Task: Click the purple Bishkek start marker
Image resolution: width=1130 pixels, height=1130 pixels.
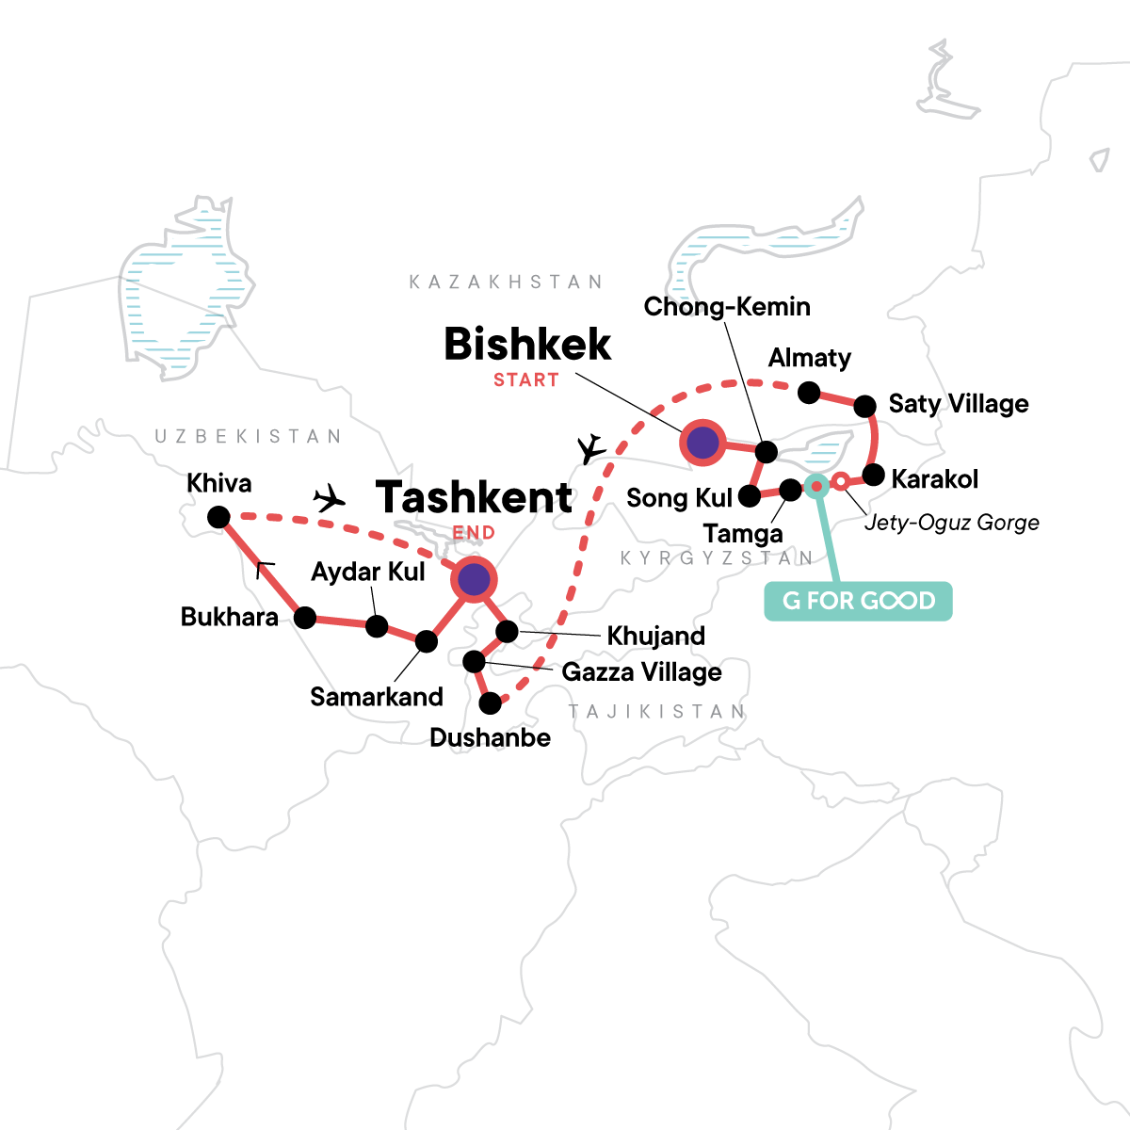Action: click(702, 442)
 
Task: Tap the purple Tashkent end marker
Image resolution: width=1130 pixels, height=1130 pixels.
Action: click(473, 580)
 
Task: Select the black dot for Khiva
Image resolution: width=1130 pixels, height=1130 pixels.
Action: click(218, 517)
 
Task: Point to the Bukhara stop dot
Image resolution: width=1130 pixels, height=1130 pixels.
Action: click(305, 618)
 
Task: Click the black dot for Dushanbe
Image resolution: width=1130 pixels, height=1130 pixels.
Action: click(491, 702)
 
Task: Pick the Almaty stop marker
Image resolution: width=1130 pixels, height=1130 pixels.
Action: click(809, 392)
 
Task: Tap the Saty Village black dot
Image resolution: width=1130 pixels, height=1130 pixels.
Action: click(864, 407)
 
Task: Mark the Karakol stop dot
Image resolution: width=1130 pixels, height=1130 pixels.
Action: click(873, 474)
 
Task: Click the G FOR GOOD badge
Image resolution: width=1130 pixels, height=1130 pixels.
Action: click(858, 601)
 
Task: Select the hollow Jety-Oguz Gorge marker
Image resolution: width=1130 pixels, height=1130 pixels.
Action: click(840, 482)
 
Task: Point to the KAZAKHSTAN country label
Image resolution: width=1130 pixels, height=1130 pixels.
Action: click(506, 282)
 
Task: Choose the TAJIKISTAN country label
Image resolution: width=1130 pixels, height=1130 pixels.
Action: click(656, 712)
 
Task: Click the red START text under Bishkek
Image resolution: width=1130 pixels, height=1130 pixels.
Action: click(526, 380)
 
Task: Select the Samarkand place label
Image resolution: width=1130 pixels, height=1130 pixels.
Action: click(377, 697)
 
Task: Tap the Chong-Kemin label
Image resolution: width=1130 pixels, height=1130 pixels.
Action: click(727, 306)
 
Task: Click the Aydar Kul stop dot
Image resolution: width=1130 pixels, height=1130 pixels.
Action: click(377, 626)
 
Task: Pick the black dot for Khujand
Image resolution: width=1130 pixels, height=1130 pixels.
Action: click(507, 631)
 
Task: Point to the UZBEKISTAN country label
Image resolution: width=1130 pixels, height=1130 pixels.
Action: click(249, 436)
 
